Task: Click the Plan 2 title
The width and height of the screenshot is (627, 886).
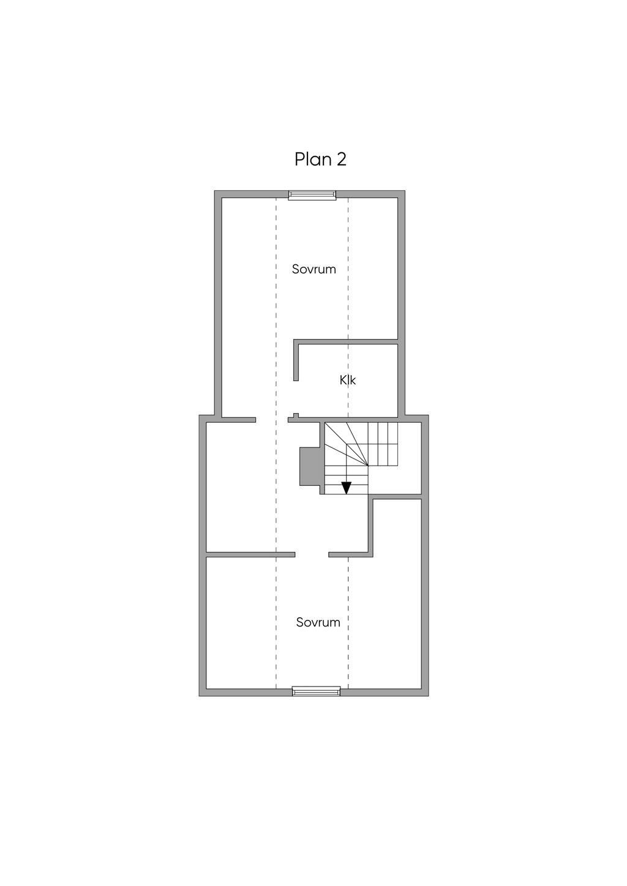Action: coord(320,160)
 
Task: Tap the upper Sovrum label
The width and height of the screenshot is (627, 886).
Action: coord(314,269)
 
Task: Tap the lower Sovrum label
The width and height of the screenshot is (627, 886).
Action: coord(318,622)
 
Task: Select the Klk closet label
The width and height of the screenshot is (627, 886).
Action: coord(348,380)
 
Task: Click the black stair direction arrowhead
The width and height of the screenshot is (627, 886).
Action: coord(347,488)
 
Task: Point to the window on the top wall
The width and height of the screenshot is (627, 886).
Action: coord(312,195)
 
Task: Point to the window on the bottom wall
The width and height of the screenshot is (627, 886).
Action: coord(317,691)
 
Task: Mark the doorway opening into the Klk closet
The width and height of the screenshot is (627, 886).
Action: coord(296,397)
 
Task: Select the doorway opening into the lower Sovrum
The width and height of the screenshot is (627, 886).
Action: coord(312,554)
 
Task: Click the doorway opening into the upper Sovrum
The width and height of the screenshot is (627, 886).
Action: coord(271,420)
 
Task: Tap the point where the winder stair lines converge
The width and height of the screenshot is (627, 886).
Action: coord(368,466)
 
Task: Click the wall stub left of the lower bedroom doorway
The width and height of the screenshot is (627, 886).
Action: coord(250,554)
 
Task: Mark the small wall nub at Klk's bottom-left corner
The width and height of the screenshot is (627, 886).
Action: coord(296,415)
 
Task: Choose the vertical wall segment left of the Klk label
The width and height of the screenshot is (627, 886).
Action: coord(296,360)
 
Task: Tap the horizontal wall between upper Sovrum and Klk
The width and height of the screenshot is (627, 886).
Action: coord(345,342)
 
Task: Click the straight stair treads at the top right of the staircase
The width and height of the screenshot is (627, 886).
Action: coord(383,444)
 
